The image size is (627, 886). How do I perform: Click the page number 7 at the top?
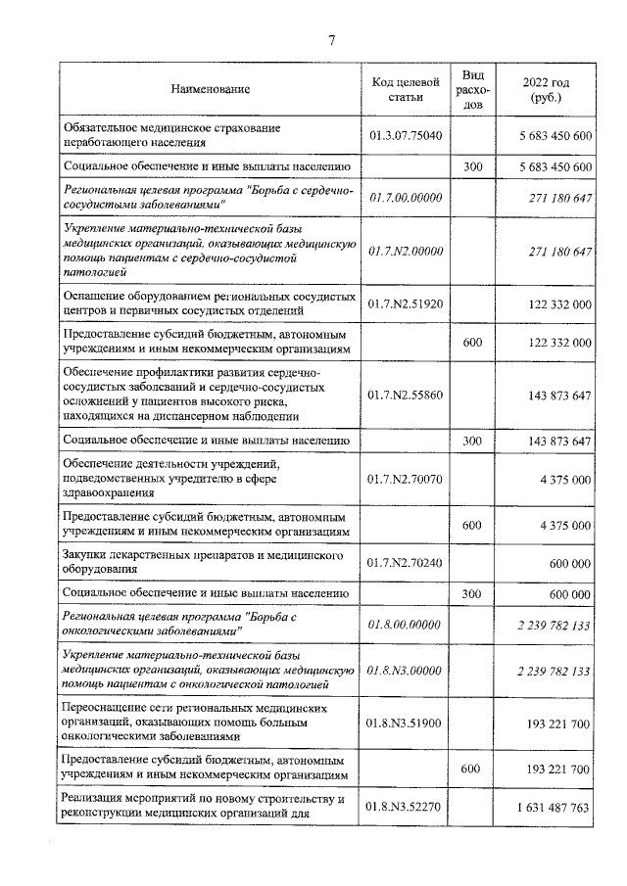click(x=331, y=40)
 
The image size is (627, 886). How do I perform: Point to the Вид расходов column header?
click(x=472, y=90)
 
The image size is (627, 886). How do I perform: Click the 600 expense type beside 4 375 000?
click(x=472, y=525)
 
